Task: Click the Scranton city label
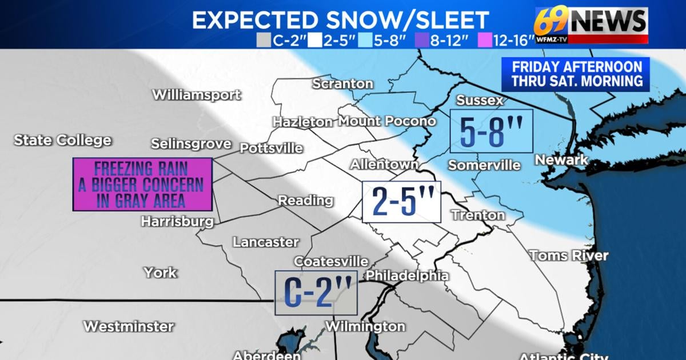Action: click(342, 84)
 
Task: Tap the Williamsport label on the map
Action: click(196, 95)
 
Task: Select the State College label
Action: click(63, 140)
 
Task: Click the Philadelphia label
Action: click(407, 275)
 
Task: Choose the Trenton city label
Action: click(478, 215)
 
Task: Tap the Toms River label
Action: click(568, 255)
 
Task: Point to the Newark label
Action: click(561, 160)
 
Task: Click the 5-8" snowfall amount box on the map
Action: click(491, 131)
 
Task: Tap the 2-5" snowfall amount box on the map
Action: click(401, 202)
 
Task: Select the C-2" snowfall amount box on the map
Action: click(316, 293)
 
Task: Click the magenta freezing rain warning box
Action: click(142, 184)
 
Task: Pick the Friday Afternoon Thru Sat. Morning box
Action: click(576, 74)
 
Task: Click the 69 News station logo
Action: click(591, 24)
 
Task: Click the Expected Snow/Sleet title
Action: click(340, 20)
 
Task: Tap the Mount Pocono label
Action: click(387, 121)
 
